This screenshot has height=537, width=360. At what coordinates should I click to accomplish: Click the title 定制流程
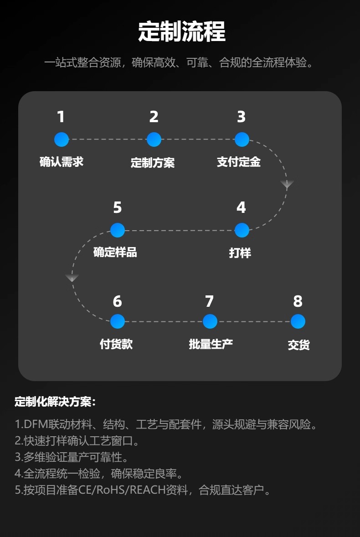[181, 32]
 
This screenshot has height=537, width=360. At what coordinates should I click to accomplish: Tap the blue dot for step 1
[61, 139]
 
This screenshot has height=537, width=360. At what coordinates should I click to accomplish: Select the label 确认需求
[62, 162]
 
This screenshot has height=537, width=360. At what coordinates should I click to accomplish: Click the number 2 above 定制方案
[154, 117]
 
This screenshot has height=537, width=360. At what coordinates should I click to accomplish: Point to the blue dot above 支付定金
[242, 139]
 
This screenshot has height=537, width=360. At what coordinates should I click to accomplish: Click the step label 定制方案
[153, 163]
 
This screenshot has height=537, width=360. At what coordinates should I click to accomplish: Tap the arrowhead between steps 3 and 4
[287, 185]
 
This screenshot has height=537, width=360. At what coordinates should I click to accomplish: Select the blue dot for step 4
[242, 230]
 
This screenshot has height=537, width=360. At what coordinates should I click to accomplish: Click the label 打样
[240, 253]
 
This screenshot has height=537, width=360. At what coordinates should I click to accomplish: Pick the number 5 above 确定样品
[117, 208]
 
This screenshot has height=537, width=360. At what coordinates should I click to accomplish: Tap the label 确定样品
[115, 252]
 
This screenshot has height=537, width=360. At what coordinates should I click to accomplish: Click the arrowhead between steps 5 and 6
[72, 278]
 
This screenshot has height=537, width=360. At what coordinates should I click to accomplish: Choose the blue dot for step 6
[117, 321]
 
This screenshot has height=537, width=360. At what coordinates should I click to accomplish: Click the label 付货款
[116, 344]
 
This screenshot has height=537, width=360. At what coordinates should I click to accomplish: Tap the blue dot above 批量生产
[210, 321]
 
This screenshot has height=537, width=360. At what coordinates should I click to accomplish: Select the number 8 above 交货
[298, 301]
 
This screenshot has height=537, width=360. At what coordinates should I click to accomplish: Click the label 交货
[298, 345]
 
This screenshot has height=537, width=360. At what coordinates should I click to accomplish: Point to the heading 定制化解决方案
[55, 402]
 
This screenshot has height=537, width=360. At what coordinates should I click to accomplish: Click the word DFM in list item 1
[33, 425]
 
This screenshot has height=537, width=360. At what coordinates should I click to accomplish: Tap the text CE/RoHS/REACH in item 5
[127, 491]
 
